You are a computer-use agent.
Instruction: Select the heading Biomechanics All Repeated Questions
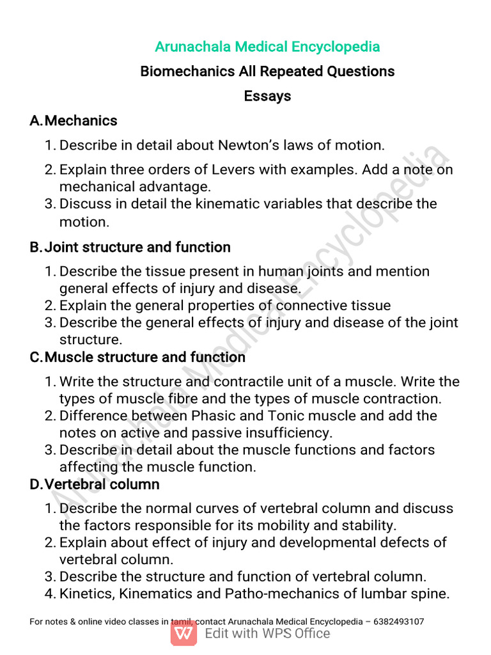(x=267, y=71)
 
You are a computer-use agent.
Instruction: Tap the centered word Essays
(x=267, y=96)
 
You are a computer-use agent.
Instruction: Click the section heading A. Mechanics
(x=74, y=120)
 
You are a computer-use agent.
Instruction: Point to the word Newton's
(x=245, y=145)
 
